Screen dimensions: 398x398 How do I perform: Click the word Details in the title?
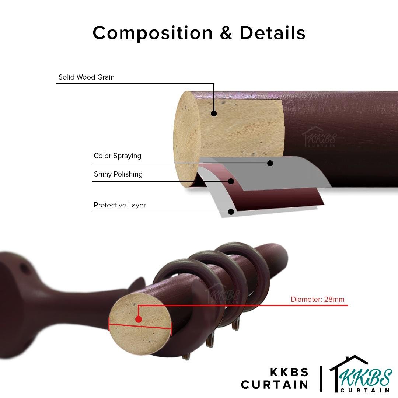(x=272, y=33)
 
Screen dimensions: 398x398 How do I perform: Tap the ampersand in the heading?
(x=226, y=33)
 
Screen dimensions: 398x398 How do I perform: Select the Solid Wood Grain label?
(x=86, y=77)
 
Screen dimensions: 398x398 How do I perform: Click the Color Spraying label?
(x=117, y=156)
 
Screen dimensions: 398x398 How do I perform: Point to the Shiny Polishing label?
(x=118, y=174)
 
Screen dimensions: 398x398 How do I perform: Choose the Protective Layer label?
(x=119, y=205)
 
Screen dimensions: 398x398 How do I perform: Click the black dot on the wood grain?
(x=214, y=114)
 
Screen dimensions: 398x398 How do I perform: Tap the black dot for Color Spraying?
(x=270, y=163)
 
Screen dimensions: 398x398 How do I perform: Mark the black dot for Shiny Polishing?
(x=231, y=181)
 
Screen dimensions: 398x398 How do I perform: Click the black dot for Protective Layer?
(x=231, y=212)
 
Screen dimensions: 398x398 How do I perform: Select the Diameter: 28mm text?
(x=317, y=300)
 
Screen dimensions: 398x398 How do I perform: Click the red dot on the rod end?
(x=139, y=319)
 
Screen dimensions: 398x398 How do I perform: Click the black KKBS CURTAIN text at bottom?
(x=275, y=378)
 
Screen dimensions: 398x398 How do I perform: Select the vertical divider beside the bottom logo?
(x=322, y=378)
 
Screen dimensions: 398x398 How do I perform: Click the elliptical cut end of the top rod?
(x=186, y=140)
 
